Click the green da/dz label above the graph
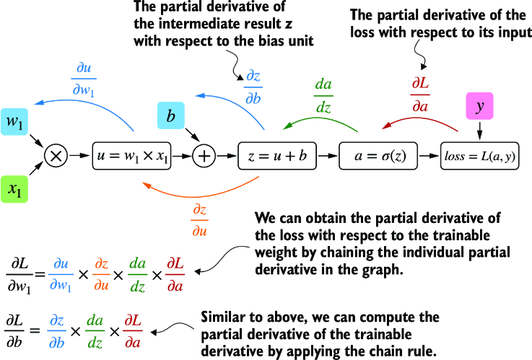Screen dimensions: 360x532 [x=323, y=95]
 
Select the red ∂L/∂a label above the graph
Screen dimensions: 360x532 [x=419, y=95]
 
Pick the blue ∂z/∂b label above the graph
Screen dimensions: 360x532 [x=253, y=89]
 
